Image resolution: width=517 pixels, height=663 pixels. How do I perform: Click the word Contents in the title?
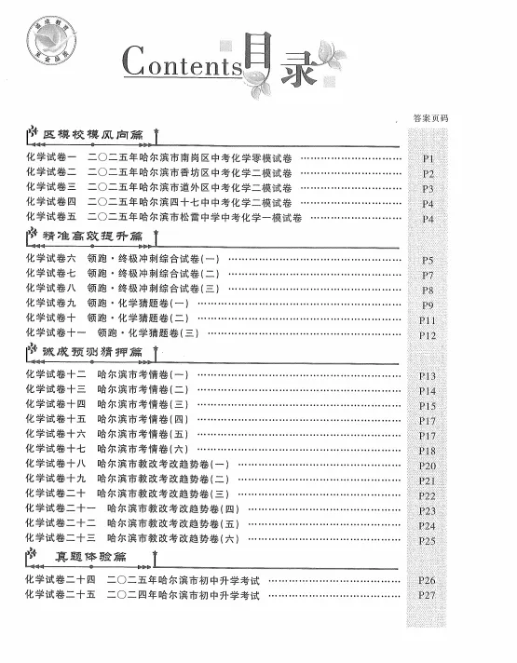[x=182, y=65]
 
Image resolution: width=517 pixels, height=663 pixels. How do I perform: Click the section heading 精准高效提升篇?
[x=92, y=237]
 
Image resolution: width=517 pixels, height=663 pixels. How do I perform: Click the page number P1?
[x=429, y=158]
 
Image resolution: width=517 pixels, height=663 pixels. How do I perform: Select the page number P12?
[x=429, y=334]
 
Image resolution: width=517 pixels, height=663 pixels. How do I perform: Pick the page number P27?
[x=429, y=595]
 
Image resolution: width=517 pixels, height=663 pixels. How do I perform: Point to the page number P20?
[x=429, y=465]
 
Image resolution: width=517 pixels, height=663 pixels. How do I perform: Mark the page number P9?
[x=429, y=304]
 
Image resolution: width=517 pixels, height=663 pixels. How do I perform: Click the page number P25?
[x=429, y=540]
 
